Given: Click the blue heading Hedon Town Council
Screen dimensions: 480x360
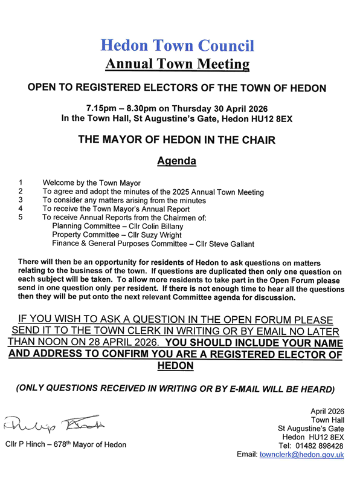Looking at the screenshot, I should point(177,45).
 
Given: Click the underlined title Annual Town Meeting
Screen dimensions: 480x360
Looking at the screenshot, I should point(177,63).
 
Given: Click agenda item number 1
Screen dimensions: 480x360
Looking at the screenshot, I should point(21,183).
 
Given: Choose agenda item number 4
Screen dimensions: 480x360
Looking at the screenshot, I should point(21,209).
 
